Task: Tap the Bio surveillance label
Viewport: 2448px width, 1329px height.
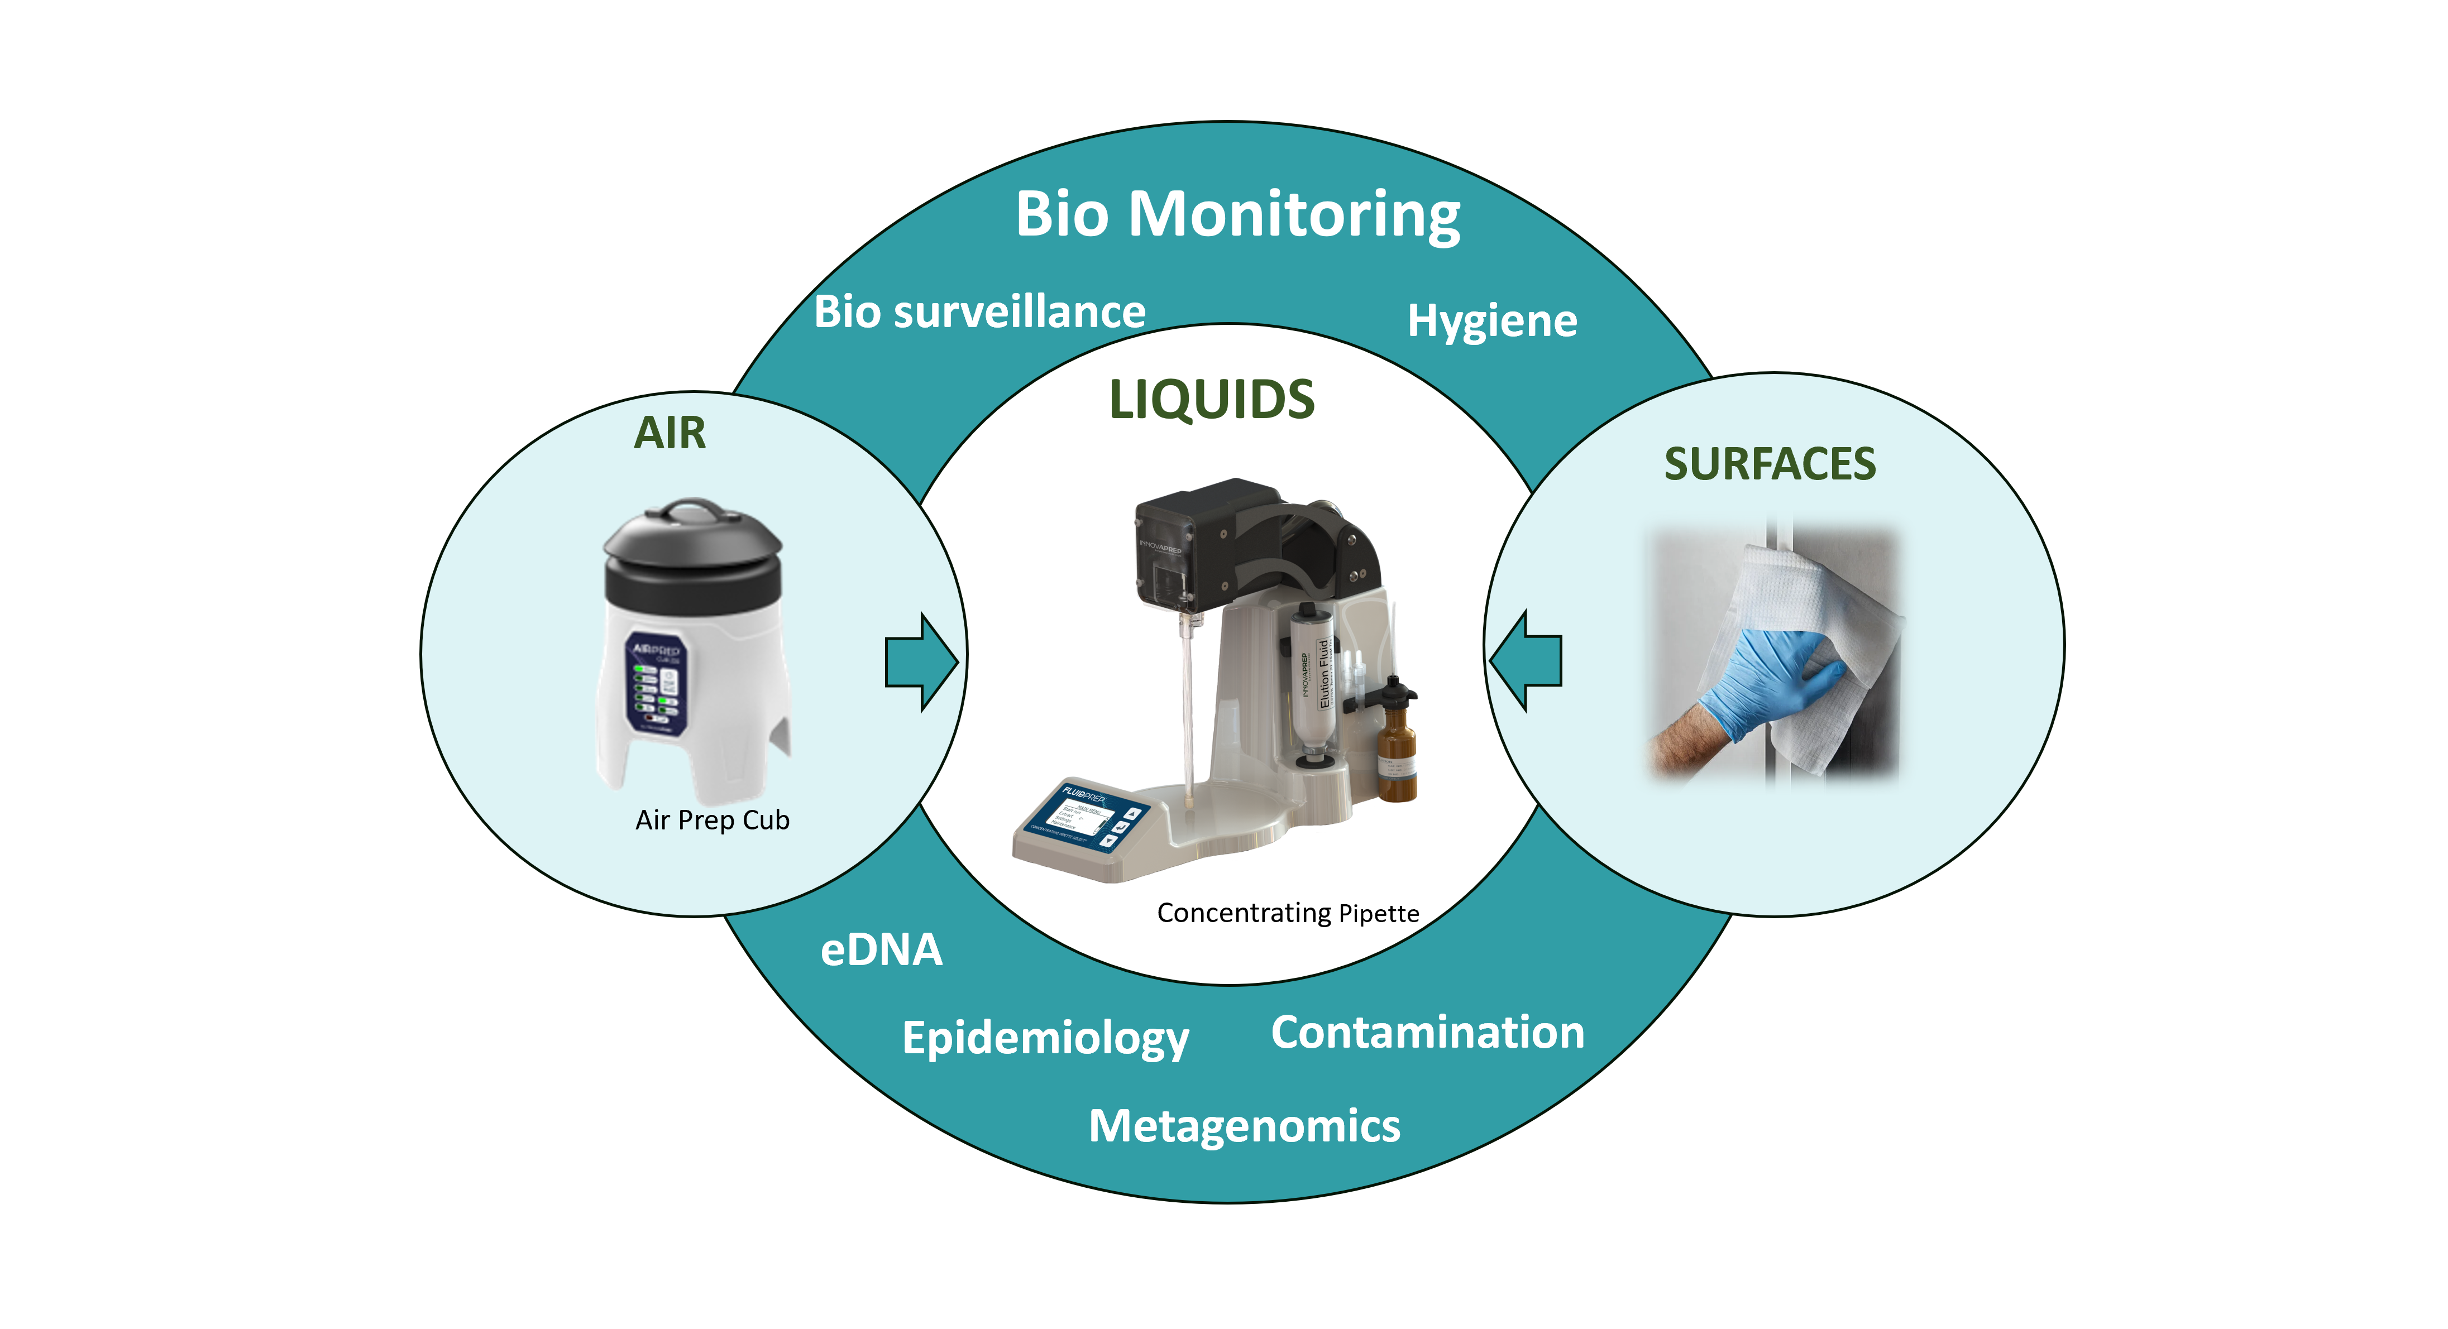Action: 980,311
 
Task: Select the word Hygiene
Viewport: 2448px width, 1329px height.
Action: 1492,321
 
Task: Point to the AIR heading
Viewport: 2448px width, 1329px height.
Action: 670,433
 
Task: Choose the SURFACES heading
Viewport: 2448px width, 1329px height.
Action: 1770,464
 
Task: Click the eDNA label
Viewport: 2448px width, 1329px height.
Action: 881,950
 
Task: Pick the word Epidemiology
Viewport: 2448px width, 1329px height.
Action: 1045,1038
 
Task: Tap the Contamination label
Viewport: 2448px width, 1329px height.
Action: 1427,1033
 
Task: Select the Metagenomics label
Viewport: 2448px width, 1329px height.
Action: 1244,1126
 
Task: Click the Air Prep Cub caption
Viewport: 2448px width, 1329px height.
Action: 713,820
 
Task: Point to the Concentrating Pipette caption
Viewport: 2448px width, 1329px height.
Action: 1288,913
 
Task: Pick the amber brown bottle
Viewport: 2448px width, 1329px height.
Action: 1396,751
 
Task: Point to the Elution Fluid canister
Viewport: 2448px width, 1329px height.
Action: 1316,679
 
